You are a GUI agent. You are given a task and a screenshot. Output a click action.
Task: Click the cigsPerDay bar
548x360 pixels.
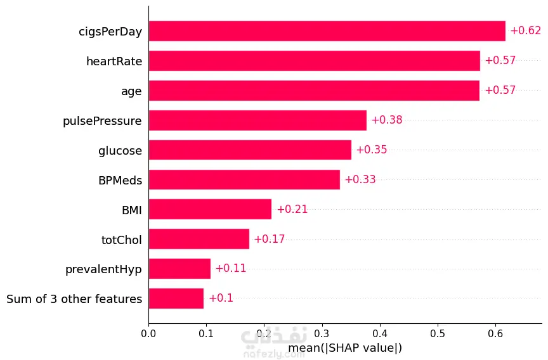(x=327, y=31)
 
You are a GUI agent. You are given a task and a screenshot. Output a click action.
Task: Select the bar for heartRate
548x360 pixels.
(x=314, y=61)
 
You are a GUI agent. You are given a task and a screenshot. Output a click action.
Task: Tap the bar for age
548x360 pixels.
(x=314, y=91)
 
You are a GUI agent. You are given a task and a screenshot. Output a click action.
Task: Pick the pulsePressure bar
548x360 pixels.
(x=258, y=120)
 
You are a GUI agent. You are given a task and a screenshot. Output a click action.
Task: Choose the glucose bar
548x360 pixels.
(x=250, y=150)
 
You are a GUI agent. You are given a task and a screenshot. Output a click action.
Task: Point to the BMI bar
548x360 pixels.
(x=210, y=209)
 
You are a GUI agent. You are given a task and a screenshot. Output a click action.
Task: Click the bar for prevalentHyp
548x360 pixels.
(x=179, y=269)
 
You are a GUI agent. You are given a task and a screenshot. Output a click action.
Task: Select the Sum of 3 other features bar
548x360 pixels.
(x=176, y=299)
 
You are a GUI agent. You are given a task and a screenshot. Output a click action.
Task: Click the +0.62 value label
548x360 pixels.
(x=525, y=31)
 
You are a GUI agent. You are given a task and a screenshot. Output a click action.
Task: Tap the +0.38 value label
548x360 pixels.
(x=386, y=120)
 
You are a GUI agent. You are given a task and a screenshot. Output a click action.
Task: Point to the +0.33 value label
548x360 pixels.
(x=360, y=180)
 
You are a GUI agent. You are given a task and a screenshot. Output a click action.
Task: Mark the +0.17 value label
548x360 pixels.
(x=269, y=240)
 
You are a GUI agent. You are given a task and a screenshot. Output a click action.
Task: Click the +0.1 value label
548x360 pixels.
(x=221, y=299)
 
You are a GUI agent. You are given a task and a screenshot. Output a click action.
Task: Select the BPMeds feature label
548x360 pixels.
(x=120, y=180)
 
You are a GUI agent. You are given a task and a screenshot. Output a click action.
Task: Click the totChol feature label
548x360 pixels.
(x=121, y=240)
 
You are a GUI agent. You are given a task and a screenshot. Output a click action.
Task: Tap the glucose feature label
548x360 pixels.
(x=120, y=150)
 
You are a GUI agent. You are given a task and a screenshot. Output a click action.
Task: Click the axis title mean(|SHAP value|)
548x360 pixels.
(x=345, y=348)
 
